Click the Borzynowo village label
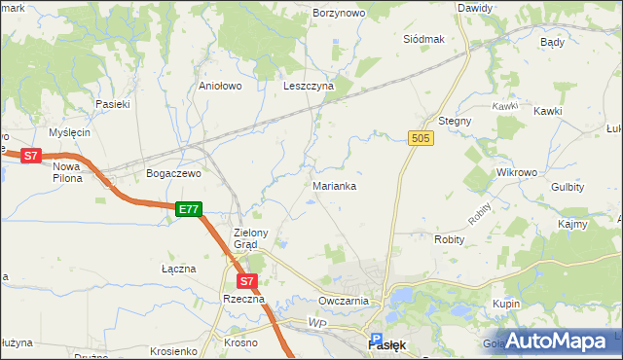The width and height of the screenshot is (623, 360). [339, 13]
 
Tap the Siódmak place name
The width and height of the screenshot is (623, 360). [423, 39]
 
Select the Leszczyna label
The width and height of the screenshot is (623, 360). [309, 86]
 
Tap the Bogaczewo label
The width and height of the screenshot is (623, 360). [172, 173]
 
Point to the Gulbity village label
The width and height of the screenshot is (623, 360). [567, 186]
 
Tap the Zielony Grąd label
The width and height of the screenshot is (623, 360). [257, 238]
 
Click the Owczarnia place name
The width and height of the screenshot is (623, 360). [343, 301]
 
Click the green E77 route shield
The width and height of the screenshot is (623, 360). [189, 209]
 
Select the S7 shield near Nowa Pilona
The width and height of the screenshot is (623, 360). [31, 155]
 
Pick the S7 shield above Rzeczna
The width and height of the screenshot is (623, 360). [246, 281]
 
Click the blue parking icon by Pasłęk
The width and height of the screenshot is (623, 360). [377, 330]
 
